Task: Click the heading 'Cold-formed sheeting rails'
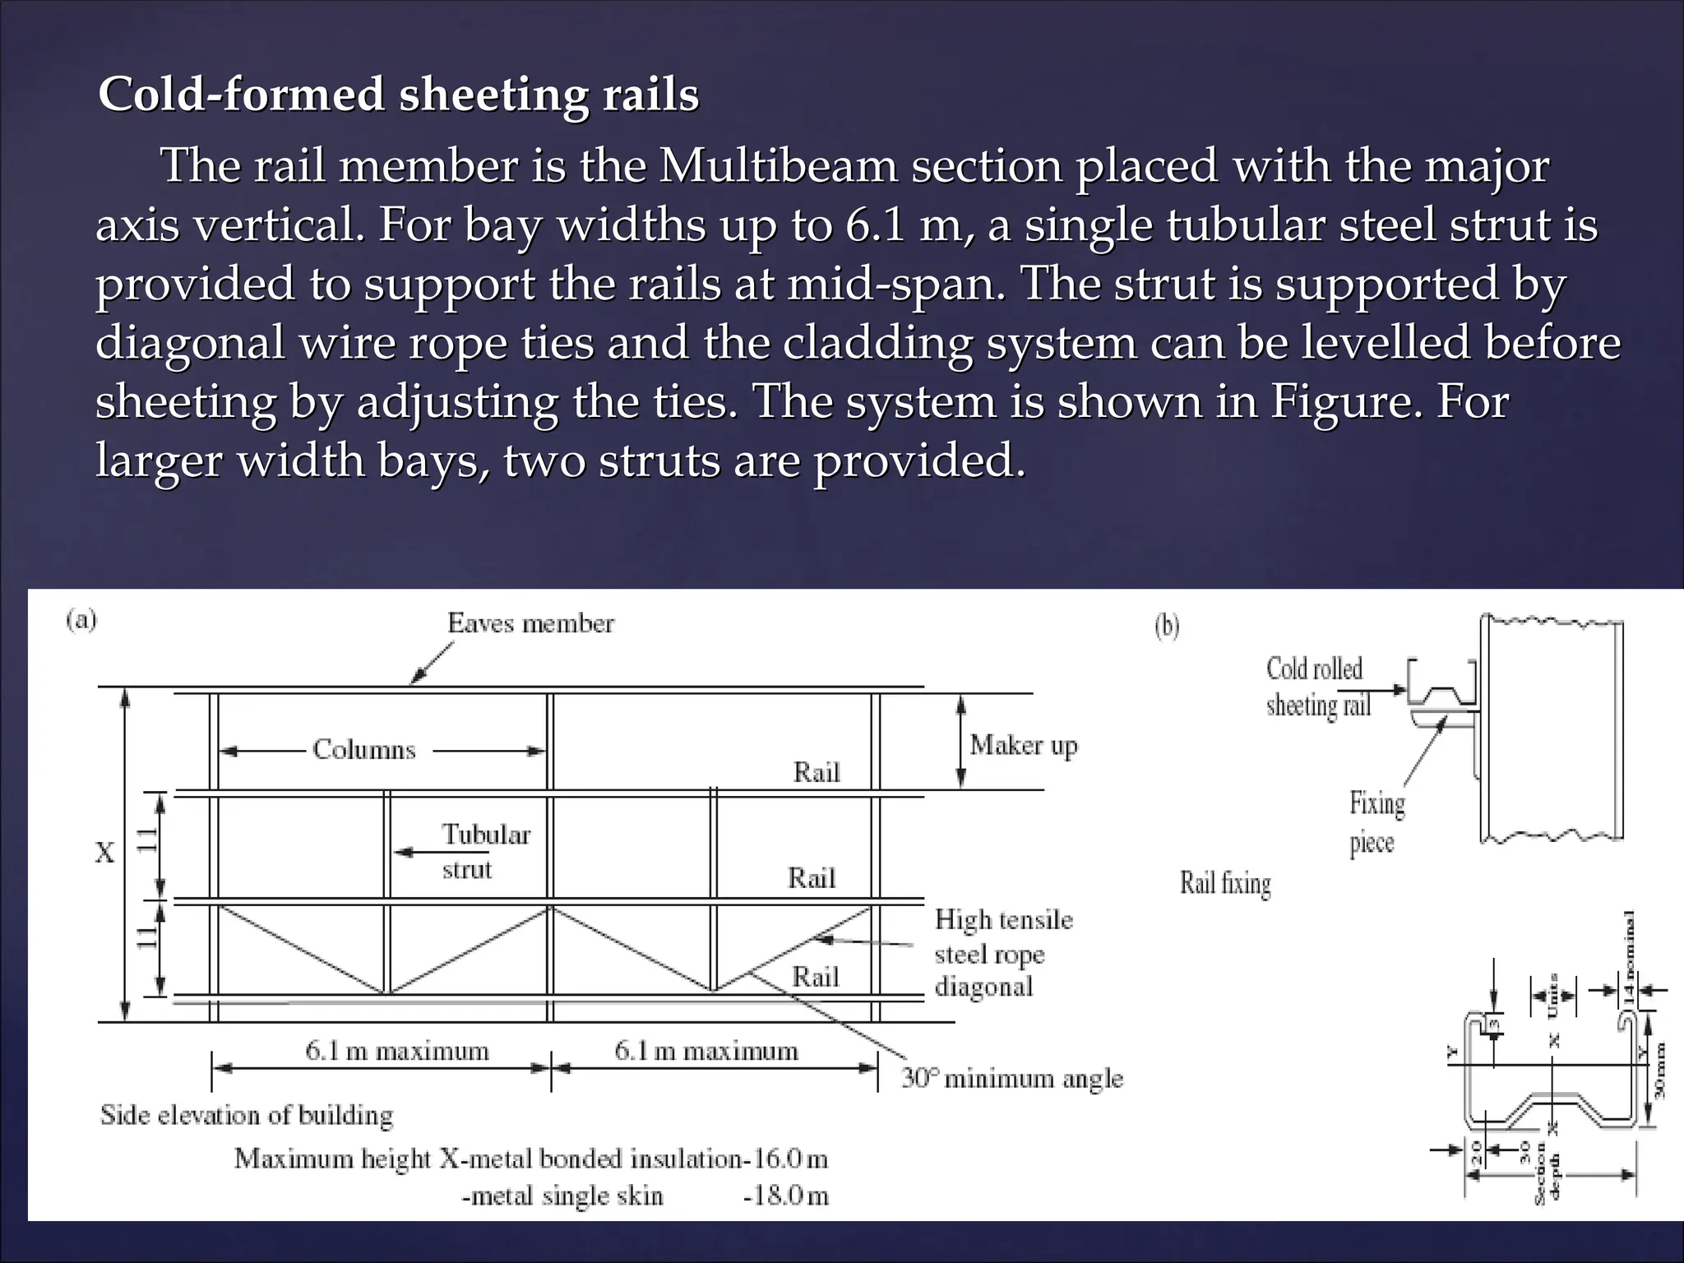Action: [x=398, y=95]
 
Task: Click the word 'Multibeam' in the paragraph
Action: [x=777, y=165]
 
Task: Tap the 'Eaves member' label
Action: [x=530, y=623]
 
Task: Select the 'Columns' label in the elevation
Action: [x=364, y=750]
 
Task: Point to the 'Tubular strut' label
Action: [x=485, y=851]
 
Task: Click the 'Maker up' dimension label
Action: [x=1023, y=745]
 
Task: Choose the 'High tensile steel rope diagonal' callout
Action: [x=1003, y=953]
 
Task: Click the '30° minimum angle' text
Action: [x=1011, y=1078]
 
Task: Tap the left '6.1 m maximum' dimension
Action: [x=397, y=1051]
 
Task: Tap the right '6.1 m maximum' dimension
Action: [x=706, y=1051]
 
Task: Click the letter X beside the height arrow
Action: [x=104, y=854]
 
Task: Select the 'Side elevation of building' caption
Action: [x=247, y=1115]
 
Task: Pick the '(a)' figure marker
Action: [x=81, y=619]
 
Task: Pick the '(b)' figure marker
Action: [x=1167, y=627]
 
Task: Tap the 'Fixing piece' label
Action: [x=1376, y=822]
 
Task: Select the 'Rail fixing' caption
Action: [x=1225, y=883]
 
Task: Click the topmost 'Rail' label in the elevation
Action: [x=817, y=772]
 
